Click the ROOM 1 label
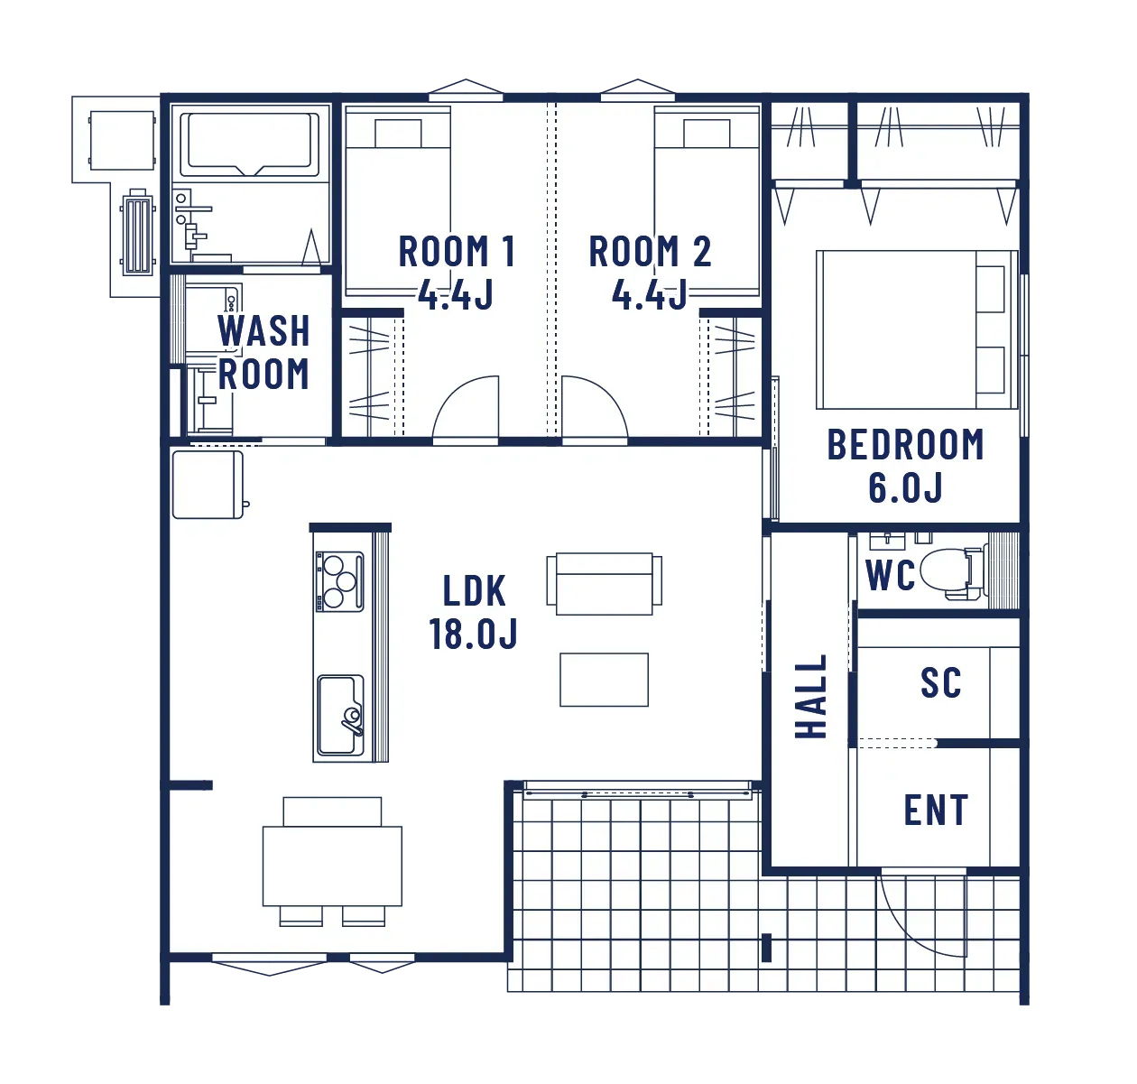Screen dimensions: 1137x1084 point(457,252)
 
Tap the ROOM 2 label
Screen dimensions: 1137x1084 point(650,252)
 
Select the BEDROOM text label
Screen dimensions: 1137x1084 point(906,445)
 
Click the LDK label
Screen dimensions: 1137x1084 point(475,590)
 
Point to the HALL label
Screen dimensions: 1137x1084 point(811,696)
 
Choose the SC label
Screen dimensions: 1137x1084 point(941,682)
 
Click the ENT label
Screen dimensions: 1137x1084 point(936,810)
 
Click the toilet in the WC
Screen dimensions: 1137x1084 point(953,570)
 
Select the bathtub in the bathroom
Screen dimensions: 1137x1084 point(249,144)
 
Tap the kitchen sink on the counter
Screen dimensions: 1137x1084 point(340,716)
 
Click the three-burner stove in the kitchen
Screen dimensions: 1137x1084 point(339,581)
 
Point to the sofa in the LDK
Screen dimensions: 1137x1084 point(605,584)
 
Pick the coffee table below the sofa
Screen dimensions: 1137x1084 point(604,680)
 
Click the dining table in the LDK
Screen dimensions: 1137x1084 point(332,866)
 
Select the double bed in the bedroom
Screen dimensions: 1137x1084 point(917,329)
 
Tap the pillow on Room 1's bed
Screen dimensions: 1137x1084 point(398,134)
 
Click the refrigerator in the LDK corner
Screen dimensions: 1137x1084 point(208,485)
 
